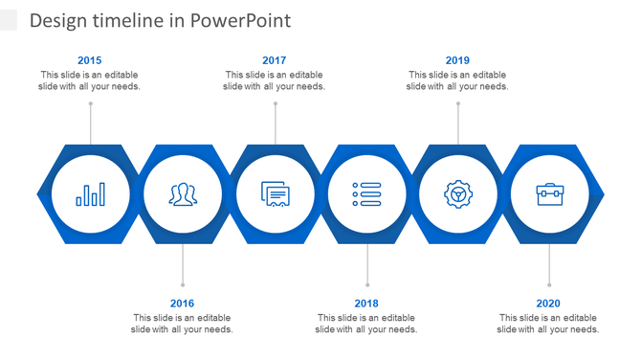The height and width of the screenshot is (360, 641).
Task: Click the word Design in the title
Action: pyautogui.click(x=57, y=20)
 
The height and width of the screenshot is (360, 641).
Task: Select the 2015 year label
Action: pyautogui.click(x=90, y=60)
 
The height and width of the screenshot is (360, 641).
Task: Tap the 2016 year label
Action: pyautogui.click(x=182, y=304)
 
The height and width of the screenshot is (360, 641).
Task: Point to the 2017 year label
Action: pyautogui.click(x=274, y=60)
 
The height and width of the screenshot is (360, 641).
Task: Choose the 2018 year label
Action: pyautogui.click(x=366, y=304)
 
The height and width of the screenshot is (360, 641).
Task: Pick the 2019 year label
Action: pyautogui.click(x=457, y=60)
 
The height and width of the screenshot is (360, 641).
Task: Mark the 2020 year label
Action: pyautogui.click(x=548, y=304)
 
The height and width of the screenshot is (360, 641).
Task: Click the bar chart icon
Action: pyautogui.click(x=91, y=194)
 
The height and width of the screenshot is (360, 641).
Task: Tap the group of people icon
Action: pyautogui.click(x=183, y=194)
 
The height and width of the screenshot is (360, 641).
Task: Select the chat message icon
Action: pyautogui.click(x=275, y=194)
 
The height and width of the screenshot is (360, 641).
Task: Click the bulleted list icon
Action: pyautogui.click(x=366, y=194)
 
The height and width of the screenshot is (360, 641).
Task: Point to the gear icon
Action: pyautogui.click(x=458, y=194)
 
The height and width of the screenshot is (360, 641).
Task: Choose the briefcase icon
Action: pyautogui.click(x=549, y=194)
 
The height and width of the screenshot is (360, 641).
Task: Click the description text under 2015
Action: pyautogui.click(x=90, y=80)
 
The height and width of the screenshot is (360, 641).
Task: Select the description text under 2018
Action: pyautogui.click(x=366, y=324)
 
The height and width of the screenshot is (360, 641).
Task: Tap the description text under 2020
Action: pyautogui.click(x=548, y=324)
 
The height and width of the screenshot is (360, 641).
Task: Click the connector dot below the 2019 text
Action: pyautogui.click(x=457, y=102)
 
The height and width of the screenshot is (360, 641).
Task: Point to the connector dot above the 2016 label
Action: pyautogui.click(x=182, y=284)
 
